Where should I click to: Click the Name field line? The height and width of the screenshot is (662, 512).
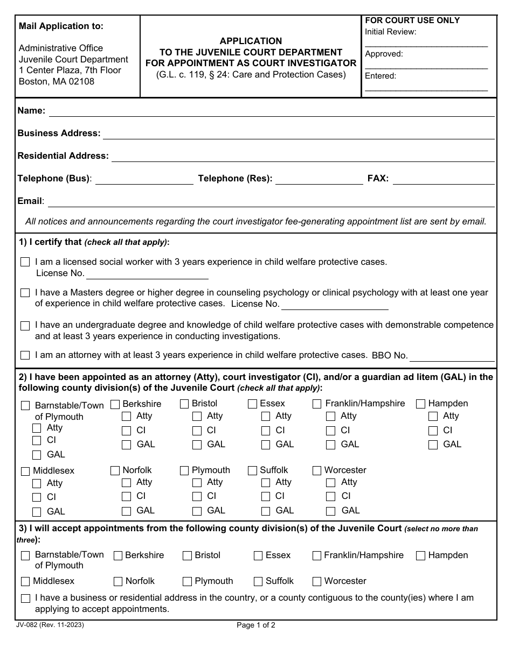[271, 111]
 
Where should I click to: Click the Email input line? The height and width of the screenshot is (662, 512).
[271, 202]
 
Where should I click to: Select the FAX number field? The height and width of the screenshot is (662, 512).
[443, 179]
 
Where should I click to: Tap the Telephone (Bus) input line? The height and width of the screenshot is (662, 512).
[144, 179]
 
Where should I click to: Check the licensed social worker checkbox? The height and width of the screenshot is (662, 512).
[25, 262]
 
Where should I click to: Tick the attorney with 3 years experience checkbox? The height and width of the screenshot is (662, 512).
[25, 355]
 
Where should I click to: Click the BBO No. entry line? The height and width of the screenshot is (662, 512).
[452, 356]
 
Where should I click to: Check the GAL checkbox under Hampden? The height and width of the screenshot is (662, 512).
[433, 445]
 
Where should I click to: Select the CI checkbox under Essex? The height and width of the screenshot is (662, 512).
[266, 431]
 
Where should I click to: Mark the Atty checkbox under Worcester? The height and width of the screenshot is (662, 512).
[331, 483]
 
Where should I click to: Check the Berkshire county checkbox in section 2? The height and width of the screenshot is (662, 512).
[115, 404]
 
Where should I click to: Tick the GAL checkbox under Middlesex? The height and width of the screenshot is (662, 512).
[37, 512]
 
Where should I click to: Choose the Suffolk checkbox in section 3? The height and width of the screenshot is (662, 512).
[258, 581]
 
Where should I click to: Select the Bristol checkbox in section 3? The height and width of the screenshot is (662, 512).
[187, 555]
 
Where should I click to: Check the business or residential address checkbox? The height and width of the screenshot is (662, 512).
[25, 598]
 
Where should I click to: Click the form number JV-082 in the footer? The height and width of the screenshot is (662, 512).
[51, 625]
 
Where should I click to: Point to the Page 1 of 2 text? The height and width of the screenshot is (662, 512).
[256, 625]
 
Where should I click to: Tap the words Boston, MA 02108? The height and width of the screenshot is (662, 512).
[57, 82]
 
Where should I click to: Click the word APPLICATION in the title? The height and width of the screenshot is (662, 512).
[251, 41]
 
